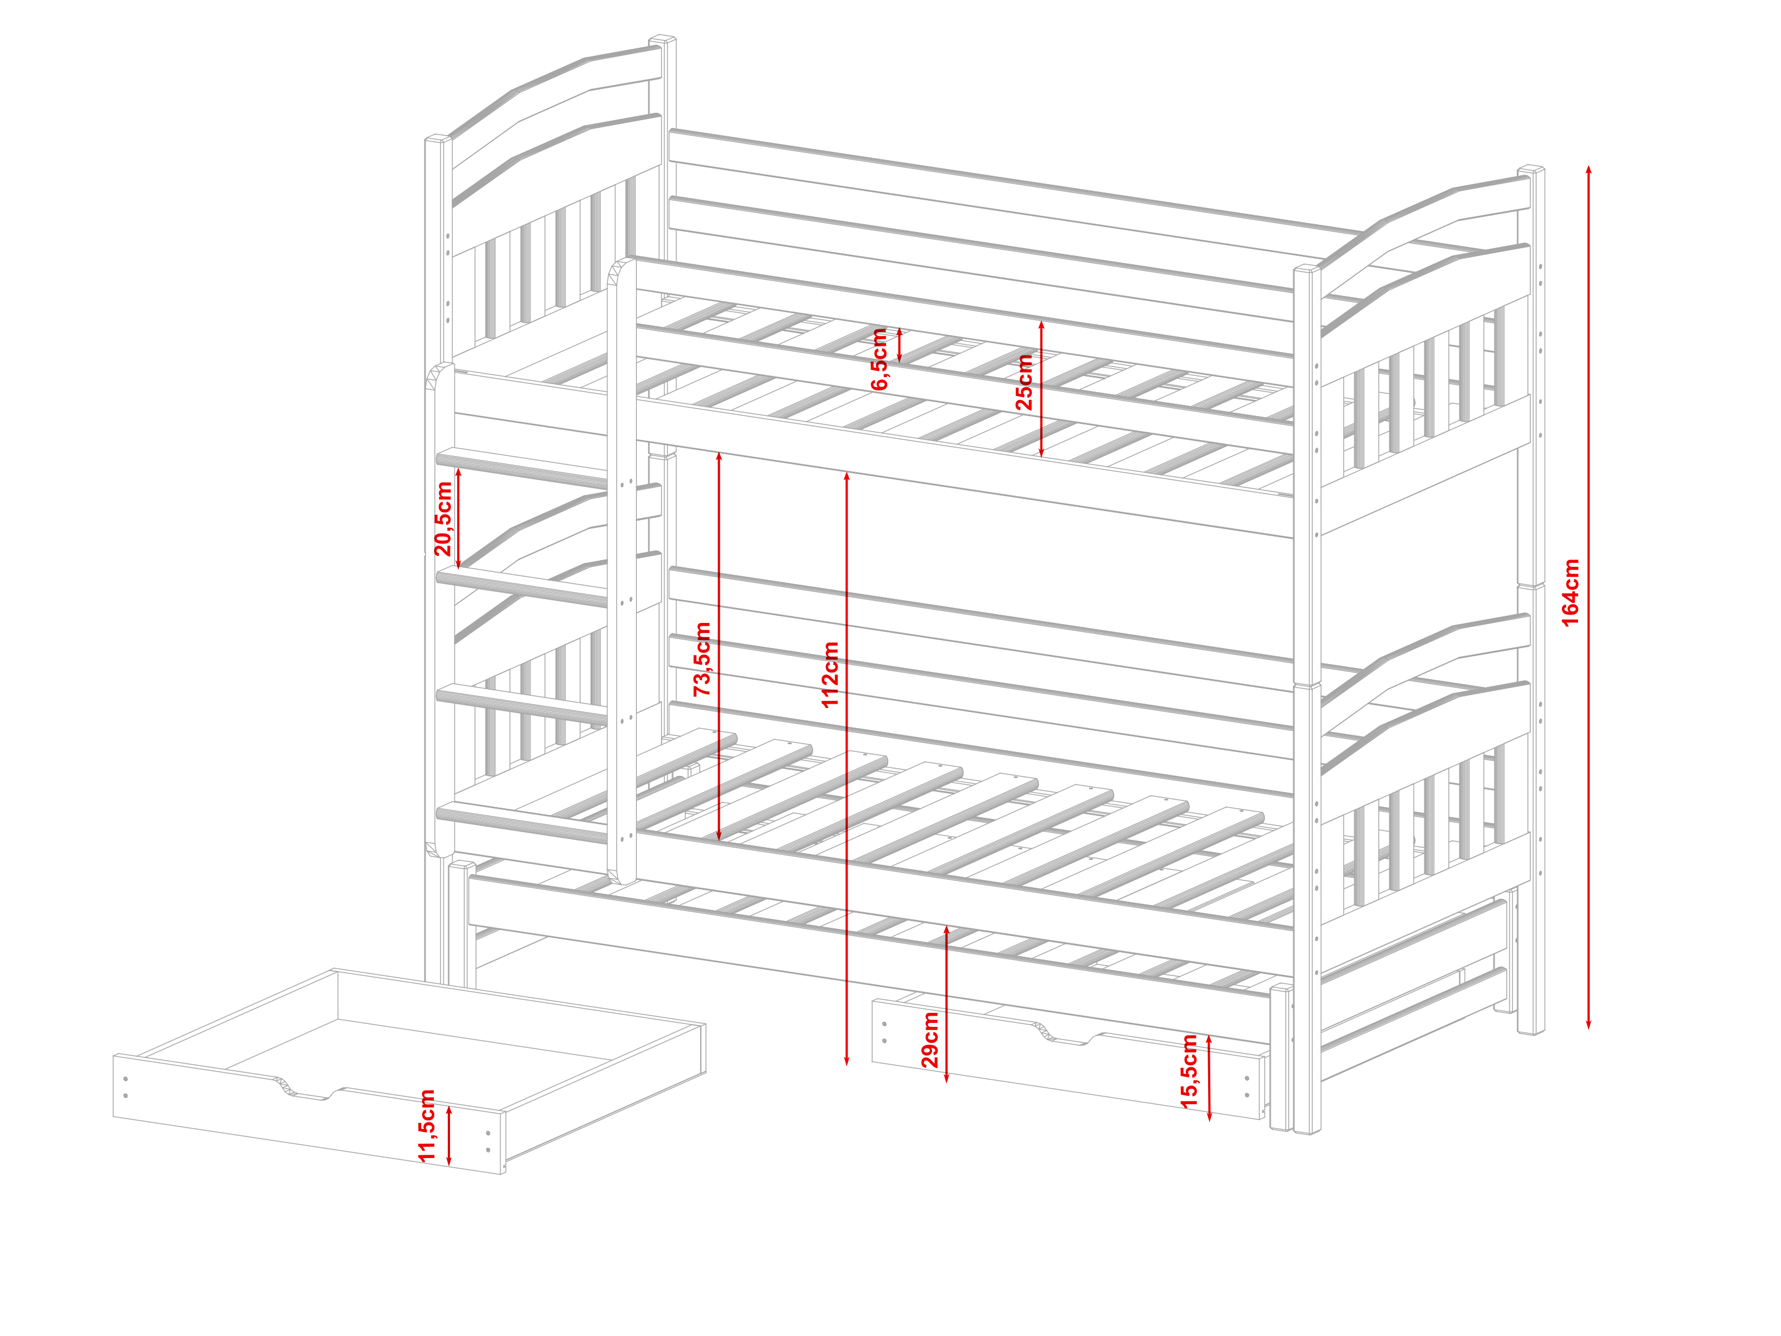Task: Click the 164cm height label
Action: pos(1570,592)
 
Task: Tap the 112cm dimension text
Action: pos(830,675)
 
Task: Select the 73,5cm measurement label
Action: pos(702,659)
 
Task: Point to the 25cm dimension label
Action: pos(1023,382)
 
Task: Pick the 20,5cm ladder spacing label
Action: pos(443,518)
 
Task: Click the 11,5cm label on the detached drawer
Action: pos(427,1125)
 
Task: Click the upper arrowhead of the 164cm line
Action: pos(1589,170)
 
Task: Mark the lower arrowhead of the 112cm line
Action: pos(846,1061)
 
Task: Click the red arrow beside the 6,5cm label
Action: pos(899,345)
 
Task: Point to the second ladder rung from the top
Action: pos(522,587)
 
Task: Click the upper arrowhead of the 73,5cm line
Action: pos(719,457)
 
